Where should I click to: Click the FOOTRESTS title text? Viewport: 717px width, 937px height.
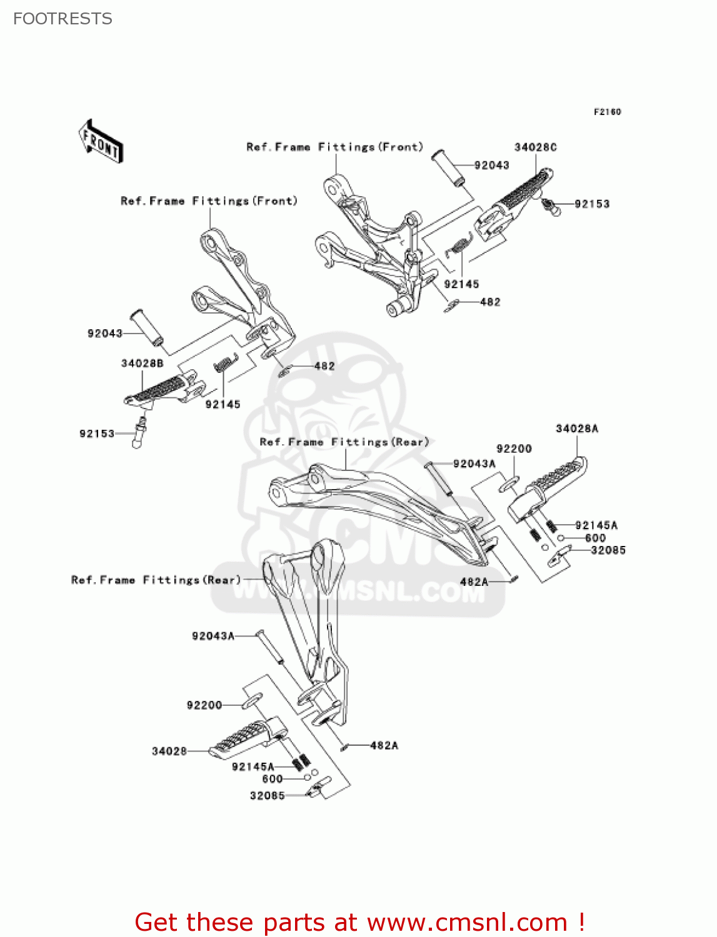(63, 19)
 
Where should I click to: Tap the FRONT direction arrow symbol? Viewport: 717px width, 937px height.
(101, 142)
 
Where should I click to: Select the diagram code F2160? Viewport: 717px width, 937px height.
(607, 112)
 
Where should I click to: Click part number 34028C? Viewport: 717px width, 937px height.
(535, 147)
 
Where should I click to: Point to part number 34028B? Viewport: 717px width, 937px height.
(142, 364)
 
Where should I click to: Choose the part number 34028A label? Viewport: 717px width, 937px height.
(576, 429)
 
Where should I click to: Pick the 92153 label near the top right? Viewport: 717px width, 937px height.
(591, 204)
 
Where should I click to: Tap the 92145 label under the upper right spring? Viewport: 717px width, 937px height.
(461, 284)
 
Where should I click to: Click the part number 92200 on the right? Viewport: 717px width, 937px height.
(514, 449)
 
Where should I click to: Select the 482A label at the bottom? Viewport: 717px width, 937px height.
(384, 745)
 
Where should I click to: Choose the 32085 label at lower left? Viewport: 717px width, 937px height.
(267, 796)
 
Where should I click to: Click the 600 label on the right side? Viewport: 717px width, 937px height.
(595, 538)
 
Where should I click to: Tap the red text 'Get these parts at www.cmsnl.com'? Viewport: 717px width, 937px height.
(359, 922)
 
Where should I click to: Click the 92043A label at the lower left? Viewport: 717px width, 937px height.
(213, 636)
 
